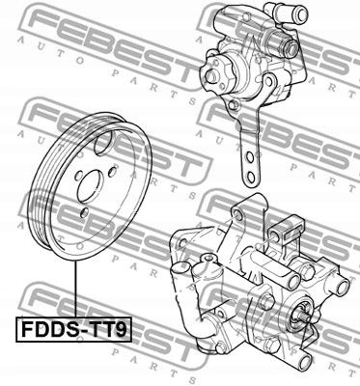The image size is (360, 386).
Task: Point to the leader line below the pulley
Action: tap(73, 290)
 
